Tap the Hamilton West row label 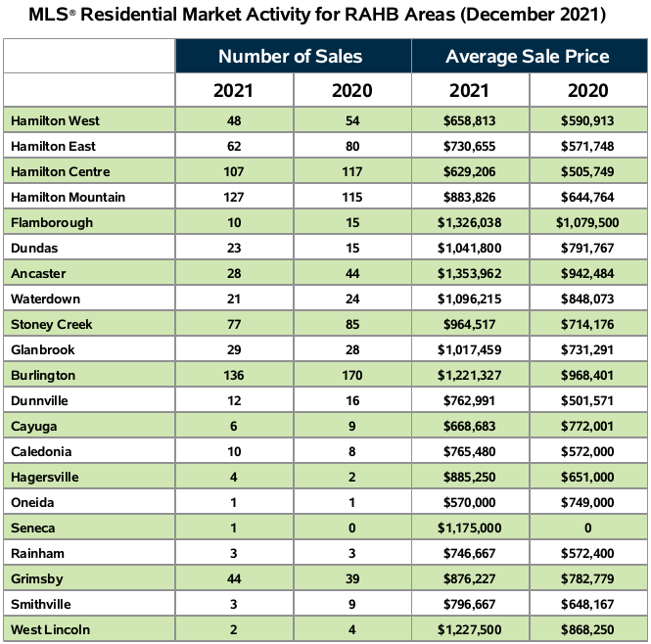[55, 120]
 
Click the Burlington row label [44, 375]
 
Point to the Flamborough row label [52, 222]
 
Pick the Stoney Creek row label [52, 324]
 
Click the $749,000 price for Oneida [588, 502]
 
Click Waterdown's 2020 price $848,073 [588, 299]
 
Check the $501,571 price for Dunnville [588, 400]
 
